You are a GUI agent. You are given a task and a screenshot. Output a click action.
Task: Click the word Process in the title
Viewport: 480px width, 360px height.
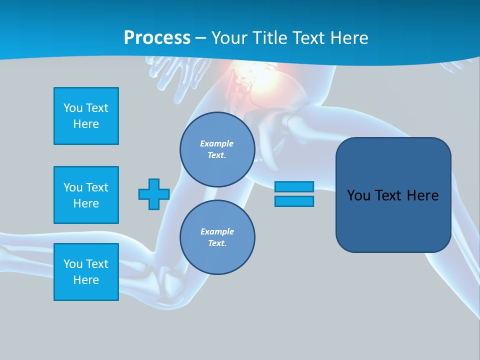[x=157, y=38]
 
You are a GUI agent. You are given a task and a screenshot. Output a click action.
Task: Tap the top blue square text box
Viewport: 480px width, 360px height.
[x=86, y=116]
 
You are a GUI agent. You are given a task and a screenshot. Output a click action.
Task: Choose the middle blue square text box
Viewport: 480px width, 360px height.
[x=86, y=195]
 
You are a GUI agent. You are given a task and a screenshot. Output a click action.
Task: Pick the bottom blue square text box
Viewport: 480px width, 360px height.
[x=86, y=272]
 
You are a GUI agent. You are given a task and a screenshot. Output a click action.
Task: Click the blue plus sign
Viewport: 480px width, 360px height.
[x=154, y=194]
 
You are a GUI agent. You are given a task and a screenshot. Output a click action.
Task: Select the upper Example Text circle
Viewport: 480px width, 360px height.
[x=217, y=149]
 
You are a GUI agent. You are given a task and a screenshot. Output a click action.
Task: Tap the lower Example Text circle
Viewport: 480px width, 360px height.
[x=217, y=237]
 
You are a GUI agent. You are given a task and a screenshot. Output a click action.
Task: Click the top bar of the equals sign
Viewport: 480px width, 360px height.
[x=294, y=186]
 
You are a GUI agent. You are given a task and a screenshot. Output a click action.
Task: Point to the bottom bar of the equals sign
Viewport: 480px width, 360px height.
[x=294, y=201]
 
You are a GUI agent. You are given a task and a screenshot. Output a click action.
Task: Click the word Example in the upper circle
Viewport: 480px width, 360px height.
[x=216, y=143]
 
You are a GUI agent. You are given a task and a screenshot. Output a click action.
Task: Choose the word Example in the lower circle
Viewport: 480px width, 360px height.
[x=217, y=231]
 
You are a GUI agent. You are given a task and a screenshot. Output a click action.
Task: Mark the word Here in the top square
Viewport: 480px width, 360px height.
[x=86, y=124]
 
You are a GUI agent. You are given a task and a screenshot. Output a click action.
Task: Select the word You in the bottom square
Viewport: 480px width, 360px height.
[x=73, y=264]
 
